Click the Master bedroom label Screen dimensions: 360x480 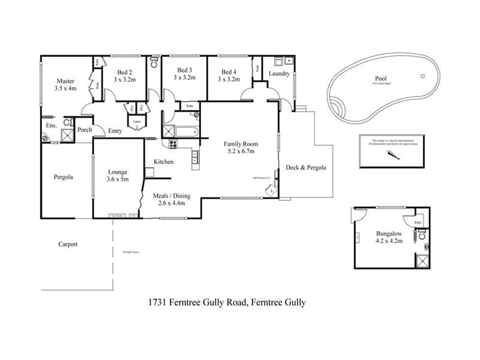point(65,82)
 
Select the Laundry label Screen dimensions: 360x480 point(280,74)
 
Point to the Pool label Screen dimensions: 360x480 point(380,79)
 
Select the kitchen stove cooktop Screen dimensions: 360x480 point(173,143)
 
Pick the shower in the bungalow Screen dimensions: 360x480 point(422,262)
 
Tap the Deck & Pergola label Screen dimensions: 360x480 point(305,168)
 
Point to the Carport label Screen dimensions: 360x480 point(68,244)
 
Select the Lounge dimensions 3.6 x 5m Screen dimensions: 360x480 point(117,179)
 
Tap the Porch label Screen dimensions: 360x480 point(85,130)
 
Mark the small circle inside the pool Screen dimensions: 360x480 point(423,76)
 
